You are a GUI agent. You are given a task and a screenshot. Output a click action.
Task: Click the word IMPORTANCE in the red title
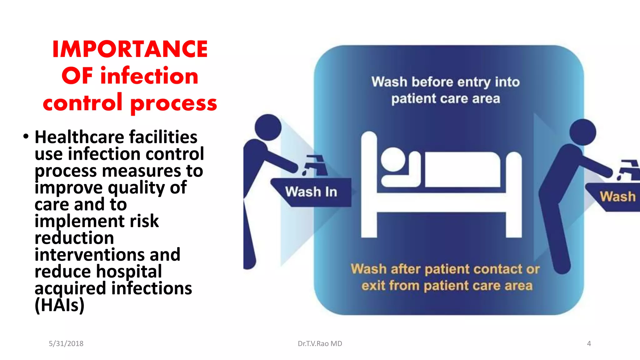[130, 49]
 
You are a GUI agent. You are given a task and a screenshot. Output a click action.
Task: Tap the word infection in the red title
[149, 76]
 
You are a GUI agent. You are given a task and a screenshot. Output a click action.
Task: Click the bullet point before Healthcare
[26, 137]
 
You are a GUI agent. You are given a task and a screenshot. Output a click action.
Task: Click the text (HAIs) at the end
[59, 305]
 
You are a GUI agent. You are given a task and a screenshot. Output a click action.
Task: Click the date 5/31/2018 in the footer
[66, 343]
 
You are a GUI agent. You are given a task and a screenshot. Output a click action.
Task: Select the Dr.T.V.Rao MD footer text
[320, 343]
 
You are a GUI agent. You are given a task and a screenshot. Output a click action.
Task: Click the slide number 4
[589, 343]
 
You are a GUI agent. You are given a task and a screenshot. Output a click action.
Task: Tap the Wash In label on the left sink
[311, 192]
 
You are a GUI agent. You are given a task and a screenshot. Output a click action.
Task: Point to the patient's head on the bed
[393, 160]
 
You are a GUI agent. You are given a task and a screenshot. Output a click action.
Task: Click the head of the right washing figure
[582, 132]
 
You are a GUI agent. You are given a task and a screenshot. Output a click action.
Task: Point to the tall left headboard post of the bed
[369, 184]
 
